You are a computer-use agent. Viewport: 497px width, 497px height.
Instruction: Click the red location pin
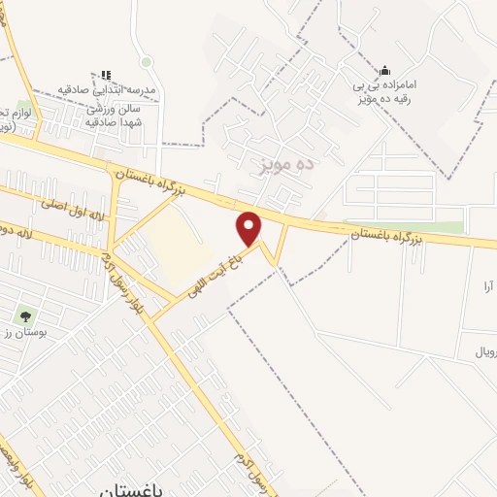(x=249, y=227)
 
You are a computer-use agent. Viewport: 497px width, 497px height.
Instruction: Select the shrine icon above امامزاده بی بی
(x=385, y=69)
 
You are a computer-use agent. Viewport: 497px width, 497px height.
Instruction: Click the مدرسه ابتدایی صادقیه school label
(x=107, y=88)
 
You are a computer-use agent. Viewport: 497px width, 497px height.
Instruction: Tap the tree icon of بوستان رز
(x=23, y=316)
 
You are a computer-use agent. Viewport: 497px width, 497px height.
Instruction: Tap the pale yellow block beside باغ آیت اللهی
(x=181, y=243)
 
